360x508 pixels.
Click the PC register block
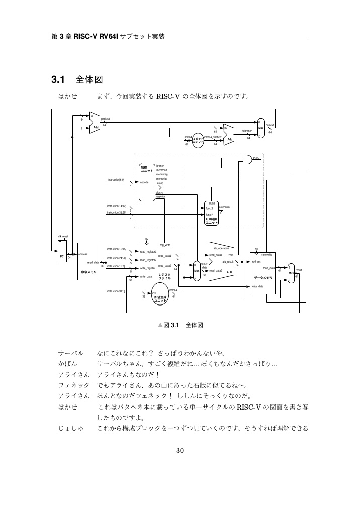coord(62,256)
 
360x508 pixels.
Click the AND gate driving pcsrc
coord(248,159)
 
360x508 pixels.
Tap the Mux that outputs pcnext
coord(260,128)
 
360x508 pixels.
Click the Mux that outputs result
coord(291,273)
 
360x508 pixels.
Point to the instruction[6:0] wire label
coord(116,179)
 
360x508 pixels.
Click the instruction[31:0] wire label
coord(116,291)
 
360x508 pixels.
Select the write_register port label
coord(149,269)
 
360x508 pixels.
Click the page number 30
coord(180,450)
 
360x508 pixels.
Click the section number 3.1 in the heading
coord(59,80)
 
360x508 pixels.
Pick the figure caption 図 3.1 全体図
coord(180,325)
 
